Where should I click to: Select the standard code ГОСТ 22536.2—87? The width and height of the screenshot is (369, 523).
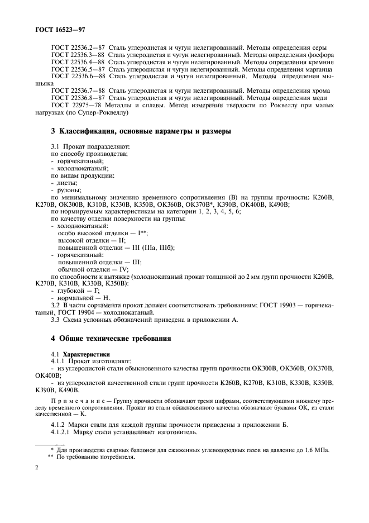point(77,48)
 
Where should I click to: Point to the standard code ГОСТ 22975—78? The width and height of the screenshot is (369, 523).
point(75,105)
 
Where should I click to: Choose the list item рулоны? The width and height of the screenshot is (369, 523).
point(69,190)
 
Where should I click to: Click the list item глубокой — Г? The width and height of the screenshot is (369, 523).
point(78,291)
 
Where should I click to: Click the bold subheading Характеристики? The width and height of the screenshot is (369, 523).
point(87,354)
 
